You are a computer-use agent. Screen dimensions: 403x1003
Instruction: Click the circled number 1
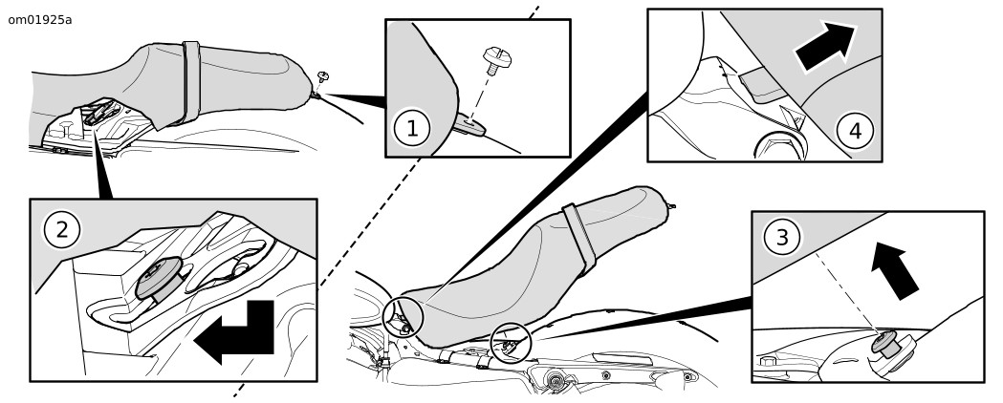(x=412, y=128)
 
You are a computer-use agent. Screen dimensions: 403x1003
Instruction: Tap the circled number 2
(x=62, y=229)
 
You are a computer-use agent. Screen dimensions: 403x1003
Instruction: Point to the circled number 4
(x=855, y=131)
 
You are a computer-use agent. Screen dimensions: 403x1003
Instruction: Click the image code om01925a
(x=39, y=19)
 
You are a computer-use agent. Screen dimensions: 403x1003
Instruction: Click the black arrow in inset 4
(x=825, y=48)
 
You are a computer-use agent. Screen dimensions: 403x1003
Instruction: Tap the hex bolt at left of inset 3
(x=768, y=363)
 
